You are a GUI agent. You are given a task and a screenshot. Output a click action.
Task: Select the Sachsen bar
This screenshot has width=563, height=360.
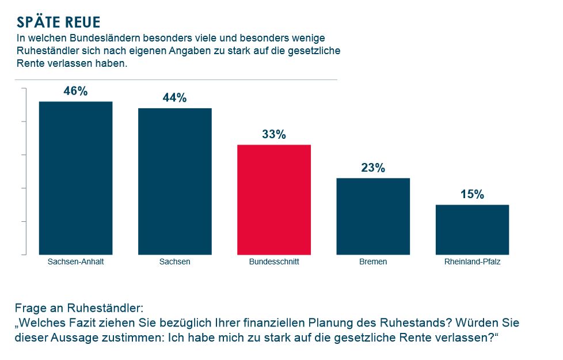pyautogui.click(x=174, y=181)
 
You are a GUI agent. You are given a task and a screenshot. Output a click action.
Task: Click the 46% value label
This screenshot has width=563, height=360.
pyautogui.click(x=75, y=92)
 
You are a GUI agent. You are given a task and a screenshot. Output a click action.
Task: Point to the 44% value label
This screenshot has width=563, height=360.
pyautogui.click(x=174, y=98)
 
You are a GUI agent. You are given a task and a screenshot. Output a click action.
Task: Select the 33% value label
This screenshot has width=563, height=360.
pyautogui.click(x=274, y=134)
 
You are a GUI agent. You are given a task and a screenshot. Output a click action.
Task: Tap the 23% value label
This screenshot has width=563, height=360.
pyautogui.click(x=373, y=168)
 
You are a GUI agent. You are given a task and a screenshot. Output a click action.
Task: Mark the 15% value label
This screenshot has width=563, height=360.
pyautogui.click(x=472, y=195)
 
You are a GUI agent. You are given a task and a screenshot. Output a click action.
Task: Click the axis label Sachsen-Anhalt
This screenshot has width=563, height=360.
pyautogui.click(x=75, y=262)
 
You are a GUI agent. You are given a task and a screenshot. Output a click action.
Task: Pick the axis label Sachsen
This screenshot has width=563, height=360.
pyautogui.click(x=174, y=262)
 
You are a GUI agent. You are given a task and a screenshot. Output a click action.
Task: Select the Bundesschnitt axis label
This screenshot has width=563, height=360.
pyautogui.click(x=274, y=262)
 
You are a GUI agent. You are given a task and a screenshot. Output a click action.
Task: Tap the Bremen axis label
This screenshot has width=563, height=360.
pyautogui.click(x=373, y=262)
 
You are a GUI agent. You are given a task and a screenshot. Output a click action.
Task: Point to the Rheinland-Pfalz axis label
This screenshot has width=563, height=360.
pyautogui.click(x=472, y=262)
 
